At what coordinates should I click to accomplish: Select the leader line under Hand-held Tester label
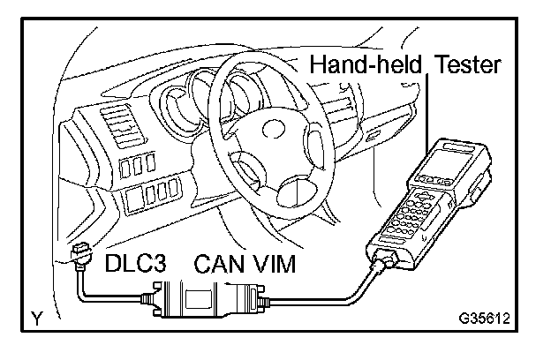pos(426,106)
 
